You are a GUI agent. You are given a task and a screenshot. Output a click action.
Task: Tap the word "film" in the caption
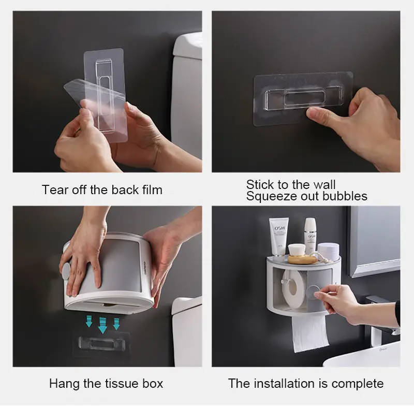pos(153,190)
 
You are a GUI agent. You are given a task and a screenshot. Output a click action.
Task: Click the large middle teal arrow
pos(102,325)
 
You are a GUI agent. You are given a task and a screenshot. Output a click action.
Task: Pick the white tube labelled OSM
pos(278,237)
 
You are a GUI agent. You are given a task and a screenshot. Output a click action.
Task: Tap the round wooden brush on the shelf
pos(302,255)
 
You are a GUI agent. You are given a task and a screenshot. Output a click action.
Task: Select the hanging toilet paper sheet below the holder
pos(310,333)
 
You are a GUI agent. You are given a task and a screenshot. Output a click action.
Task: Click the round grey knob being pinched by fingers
pos(313,292)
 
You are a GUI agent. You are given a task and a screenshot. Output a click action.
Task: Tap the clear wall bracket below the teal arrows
pos(101,344)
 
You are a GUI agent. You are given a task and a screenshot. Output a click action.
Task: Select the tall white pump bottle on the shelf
pos(310,235)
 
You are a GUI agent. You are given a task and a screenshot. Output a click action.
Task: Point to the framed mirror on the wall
pos(374,240)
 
